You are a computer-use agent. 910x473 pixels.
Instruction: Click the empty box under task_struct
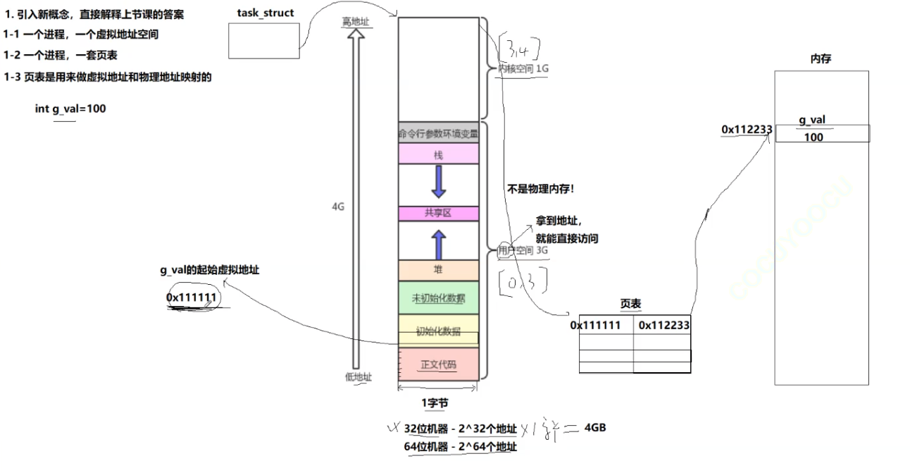point(264,41)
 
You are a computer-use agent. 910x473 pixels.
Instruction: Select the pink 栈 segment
point(438,154)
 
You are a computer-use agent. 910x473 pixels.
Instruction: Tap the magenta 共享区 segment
point(438,214)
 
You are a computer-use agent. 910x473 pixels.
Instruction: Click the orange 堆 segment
point(438,270)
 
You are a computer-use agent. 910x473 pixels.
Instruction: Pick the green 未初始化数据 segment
point(438,297)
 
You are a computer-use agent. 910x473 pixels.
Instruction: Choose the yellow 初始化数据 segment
point(438,331)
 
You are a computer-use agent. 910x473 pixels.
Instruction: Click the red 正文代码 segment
point(438,364)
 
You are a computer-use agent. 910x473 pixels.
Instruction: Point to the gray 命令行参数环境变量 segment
point(438,133)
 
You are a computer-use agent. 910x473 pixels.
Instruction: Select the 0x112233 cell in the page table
point(663,325)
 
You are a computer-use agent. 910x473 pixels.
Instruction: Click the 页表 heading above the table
point(630,303)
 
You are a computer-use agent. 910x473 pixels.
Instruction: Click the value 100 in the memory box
point(813,137)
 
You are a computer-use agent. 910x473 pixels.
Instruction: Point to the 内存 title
point(821,59)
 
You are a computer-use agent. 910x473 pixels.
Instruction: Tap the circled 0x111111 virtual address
point(191,297)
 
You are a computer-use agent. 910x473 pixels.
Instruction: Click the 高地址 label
point(356,23)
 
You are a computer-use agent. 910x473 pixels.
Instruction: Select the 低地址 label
point(358,376)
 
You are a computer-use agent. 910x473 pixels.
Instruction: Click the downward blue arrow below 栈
point(439,182)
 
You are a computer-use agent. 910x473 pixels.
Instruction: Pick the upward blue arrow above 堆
point(439,244)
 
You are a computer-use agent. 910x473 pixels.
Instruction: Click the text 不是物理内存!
point(540,188)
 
